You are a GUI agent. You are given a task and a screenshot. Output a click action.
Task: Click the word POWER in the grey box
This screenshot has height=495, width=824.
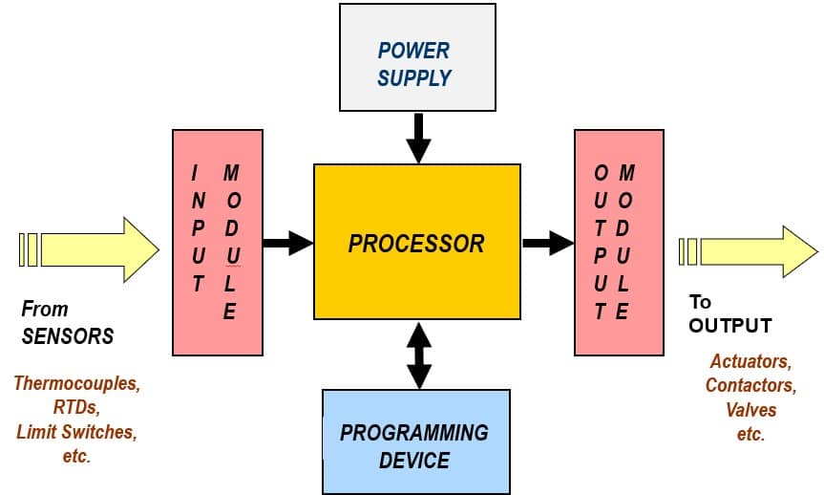(413, 51)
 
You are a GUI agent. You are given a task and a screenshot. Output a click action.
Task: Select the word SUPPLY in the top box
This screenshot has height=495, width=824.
(414, 77)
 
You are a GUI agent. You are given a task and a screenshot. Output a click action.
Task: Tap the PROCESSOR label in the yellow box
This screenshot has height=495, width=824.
(416, 244)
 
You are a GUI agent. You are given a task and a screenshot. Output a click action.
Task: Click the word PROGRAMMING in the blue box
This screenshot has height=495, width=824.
(414, 433)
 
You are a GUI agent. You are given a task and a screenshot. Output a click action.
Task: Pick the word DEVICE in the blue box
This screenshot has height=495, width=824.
(414, 461)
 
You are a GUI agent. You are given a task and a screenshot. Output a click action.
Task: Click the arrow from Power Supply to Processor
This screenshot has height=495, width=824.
(418, 138)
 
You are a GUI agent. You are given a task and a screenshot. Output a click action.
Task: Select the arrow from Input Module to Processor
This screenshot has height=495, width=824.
(288, 243)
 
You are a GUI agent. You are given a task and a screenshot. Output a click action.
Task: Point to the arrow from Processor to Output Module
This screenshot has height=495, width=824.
(547, 243)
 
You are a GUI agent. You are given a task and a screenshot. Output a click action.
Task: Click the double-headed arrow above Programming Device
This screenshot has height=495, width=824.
(419, 355)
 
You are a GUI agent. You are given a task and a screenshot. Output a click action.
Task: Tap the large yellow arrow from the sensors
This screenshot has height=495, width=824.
(89, 249)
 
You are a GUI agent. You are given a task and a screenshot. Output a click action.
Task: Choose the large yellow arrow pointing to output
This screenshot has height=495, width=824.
(749, 251)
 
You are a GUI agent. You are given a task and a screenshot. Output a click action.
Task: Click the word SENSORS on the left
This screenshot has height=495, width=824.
(68, 336)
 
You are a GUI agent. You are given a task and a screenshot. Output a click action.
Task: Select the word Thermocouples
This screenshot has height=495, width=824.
(76, 383)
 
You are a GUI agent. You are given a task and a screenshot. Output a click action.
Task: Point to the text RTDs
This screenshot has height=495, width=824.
(76, 407)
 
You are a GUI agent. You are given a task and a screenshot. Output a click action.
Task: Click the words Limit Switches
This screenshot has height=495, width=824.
(76, 432)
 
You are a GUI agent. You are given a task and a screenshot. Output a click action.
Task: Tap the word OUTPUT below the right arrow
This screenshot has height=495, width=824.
(729, 326)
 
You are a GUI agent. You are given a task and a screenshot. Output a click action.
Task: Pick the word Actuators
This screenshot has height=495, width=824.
(750, 361)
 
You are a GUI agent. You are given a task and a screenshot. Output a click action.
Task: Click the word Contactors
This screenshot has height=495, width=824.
(750, 385)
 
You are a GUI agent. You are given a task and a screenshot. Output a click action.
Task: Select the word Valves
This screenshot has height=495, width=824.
(750, 409)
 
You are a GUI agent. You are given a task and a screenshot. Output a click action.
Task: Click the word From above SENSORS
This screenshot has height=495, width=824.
(45, 309)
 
